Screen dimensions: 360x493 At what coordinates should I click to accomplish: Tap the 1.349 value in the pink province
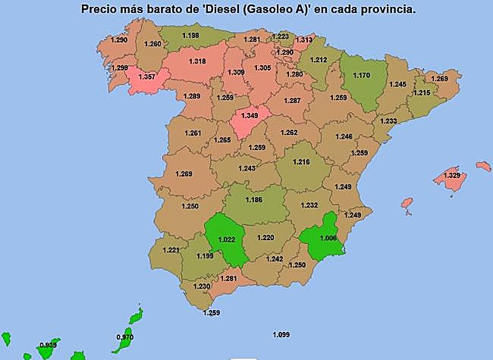[x=250, y=115]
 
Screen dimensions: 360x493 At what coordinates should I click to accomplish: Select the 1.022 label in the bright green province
[x=227, y=240]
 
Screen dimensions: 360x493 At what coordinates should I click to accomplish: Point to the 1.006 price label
[x=328, y=237]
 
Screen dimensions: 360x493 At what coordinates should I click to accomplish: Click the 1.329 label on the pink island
[x=451, y=176]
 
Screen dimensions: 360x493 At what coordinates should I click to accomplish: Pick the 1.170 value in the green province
[x=361, y=76]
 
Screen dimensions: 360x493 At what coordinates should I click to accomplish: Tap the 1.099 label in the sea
[x=281, y=334]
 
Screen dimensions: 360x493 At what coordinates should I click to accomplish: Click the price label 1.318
[x=197, y=61]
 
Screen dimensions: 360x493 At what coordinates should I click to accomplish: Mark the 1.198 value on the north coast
[x=190, y=36]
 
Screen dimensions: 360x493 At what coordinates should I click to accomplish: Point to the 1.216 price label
[x=302, y=163]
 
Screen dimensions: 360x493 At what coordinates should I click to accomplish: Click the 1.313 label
[x=304, y=40]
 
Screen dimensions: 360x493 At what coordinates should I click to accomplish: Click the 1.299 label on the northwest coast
[x=119, y=68]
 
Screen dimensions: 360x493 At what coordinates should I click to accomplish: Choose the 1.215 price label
[x=422, y=93]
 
